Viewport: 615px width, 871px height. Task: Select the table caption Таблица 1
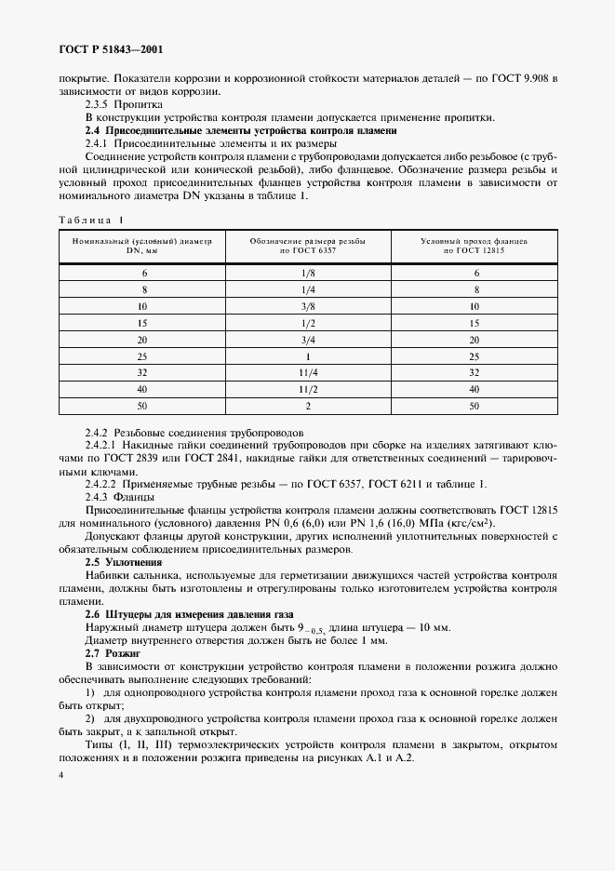(89, 220)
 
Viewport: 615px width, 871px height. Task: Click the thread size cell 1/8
(308, 273)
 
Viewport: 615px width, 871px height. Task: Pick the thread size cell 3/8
(308, 305)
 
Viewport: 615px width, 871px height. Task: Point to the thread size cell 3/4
(308, 339)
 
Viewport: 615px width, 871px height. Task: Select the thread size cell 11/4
(308, 372)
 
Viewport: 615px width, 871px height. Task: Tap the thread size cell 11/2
(308, 389)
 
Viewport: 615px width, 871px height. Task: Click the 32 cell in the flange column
(475, 372)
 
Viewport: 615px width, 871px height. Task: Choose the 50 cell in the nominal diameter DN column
(143, 406)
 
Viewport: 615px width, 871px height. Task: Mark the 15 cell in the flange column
(475, 322)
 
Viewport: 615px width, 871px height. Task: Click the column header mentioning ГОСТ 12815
(475, 246)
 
